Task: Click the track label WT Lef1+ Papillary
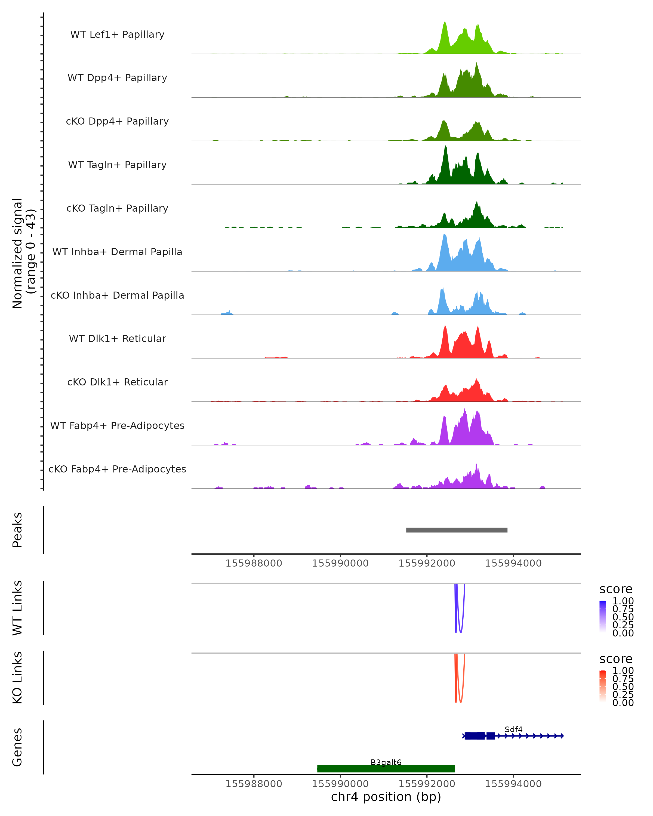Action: coord(117,35)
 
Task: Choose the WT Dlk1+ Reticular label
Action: coord(117,338)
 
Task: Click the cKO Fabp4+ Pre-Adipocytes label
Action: coord(117,469)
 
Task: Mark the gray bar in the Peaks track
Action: coord(457,530)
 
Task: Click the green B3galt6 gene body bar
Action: coord(386,768)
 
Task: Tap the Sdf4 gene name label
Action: coord(513,729)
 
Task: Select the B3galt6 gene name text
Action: coord(386,762)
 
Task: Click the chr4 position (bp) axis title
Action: coord(386,797)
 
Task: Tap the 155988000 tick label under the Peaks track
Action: coord(254,563)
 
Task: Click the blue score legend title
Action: coord(615,589)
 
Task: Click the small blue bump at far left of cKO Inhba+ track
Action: coord(227,313)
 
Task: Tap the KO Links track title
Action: coord(17,678)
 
